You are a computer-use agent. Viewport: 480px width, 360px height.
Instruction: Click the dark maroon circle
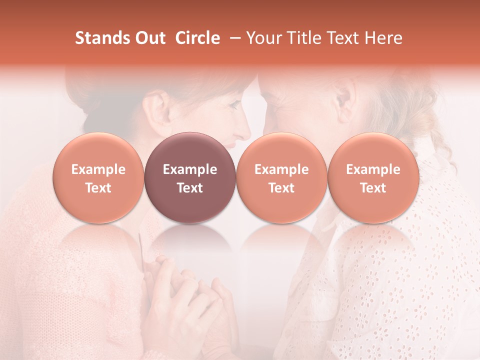tap(190, 177)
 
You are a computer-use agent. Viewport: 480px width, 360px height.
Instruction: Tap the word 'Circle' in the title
tap(197, 38)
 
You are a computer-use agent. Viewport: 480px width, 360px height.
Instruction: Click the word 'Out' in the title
tap(148, 38)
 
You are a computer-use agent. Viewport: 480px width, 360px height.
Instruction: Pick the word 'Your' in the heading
tap(263, 38)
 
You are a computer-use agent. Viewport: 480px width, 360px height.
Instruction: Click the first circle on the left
tap(98, 177)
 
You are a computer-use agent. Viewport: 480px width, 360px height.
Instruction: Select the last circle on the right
tap(373, 177)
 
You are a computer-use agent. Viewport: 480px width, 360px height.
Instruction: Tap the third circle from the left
tap(281, 177)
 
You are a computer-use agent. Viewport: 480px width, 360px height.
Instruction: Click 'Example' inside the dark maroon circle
tap(190, 169)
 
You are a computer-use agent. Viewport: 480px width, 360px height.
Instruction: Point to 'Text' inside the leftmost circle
tap(98, 188)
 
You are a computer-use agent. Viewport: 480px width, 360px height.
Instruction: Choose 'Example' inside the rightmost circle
tap(373, 169)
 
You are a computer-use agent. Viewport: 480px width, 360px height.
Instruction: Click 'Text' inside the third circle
tap(281, 188)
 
